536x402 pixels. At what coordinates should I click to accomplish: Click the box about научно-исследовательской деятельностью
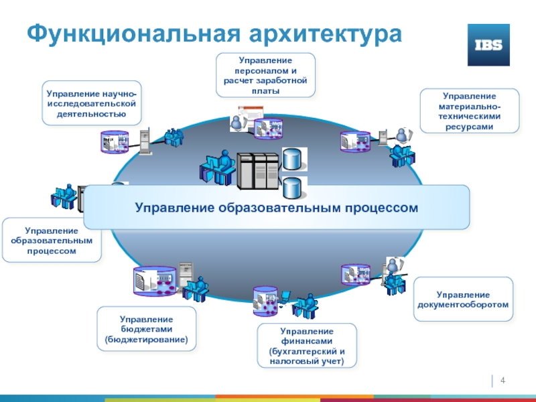click(92, 104)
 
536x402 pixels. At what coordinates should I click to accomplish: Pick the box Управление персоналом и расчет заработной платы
click(265, 75)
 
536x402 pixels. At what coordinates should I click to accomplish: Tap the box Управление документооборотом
click(464, 299)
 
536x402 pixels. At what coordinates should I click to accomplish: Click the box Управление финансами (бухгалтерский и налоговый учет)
click(307, 346)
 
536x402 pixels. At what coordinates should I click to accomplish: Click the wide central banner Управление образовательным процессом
click(277, 208)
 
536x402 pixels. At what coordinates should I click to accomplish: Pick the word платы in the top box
click(265, 90)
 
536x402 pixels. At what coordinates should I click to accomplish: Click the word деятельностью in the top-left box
click(92, 114)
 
